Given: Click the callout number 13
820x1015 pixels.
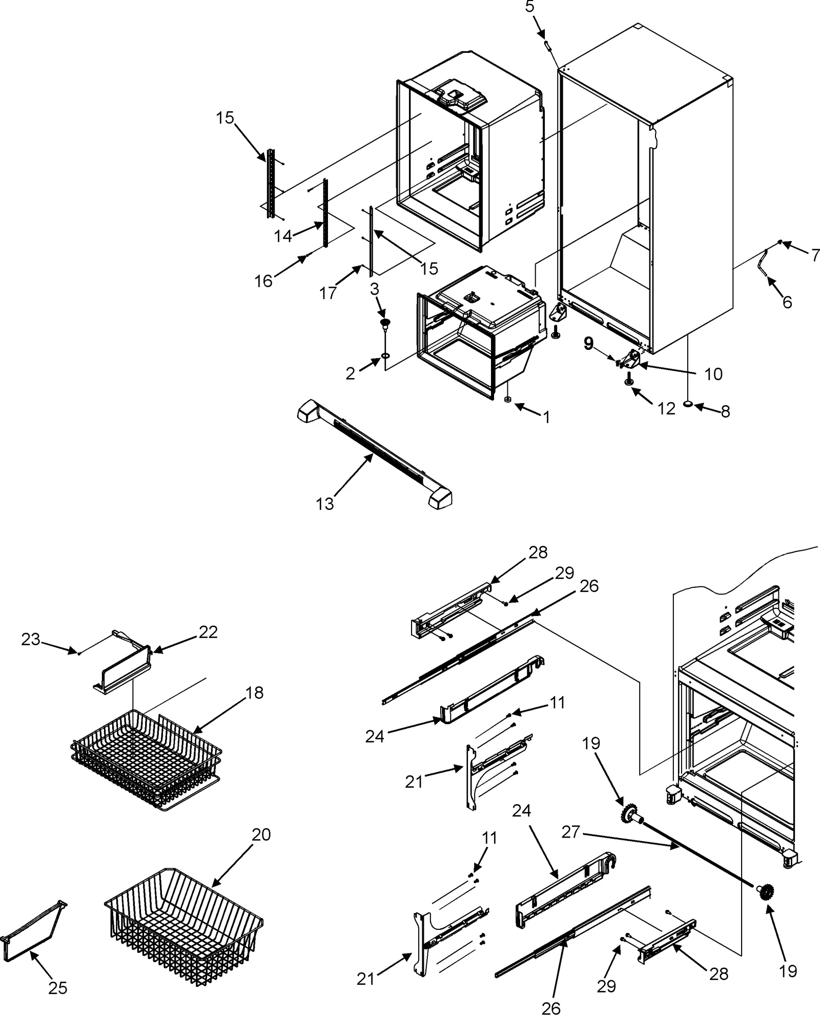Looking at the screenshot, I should tap(324, 504).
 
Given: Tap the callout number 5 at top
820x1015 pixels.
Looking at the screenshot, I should tap(529, 7).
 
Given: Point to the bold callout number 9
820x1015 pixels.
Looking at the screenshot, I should tap(588, 343).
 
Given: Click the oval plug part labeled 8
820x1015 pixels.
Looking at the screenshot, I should tap(688, 405).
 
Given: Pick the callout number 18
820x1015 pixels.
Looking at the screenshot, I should tap(254, 692).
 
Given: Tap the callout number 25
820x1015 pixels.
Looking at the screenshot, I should tap(57, 988).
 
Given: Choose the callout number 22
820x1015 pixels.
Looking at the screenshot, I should tap(208, 632).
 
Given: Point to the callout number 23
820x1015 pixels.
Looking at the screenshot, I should tap(30, 639).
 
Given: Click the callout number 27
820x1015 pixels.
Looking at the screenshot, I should tap(570, 831).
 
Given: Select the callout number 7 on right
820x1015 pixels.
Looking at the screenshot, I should tap(815, 254).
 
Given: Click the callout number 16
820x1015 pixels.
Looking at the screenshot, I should tap(264, 281).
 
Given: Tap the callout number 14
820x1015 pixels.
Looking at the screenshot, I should tap(282, 236).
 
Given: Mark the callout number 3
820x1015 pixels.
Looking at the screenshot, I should tap(375, 289).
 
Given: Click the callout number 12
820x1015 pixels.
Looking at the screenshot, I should tap(666, 409).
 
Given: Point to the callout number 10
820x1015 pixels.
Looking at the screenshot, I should tap(713, 374).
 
